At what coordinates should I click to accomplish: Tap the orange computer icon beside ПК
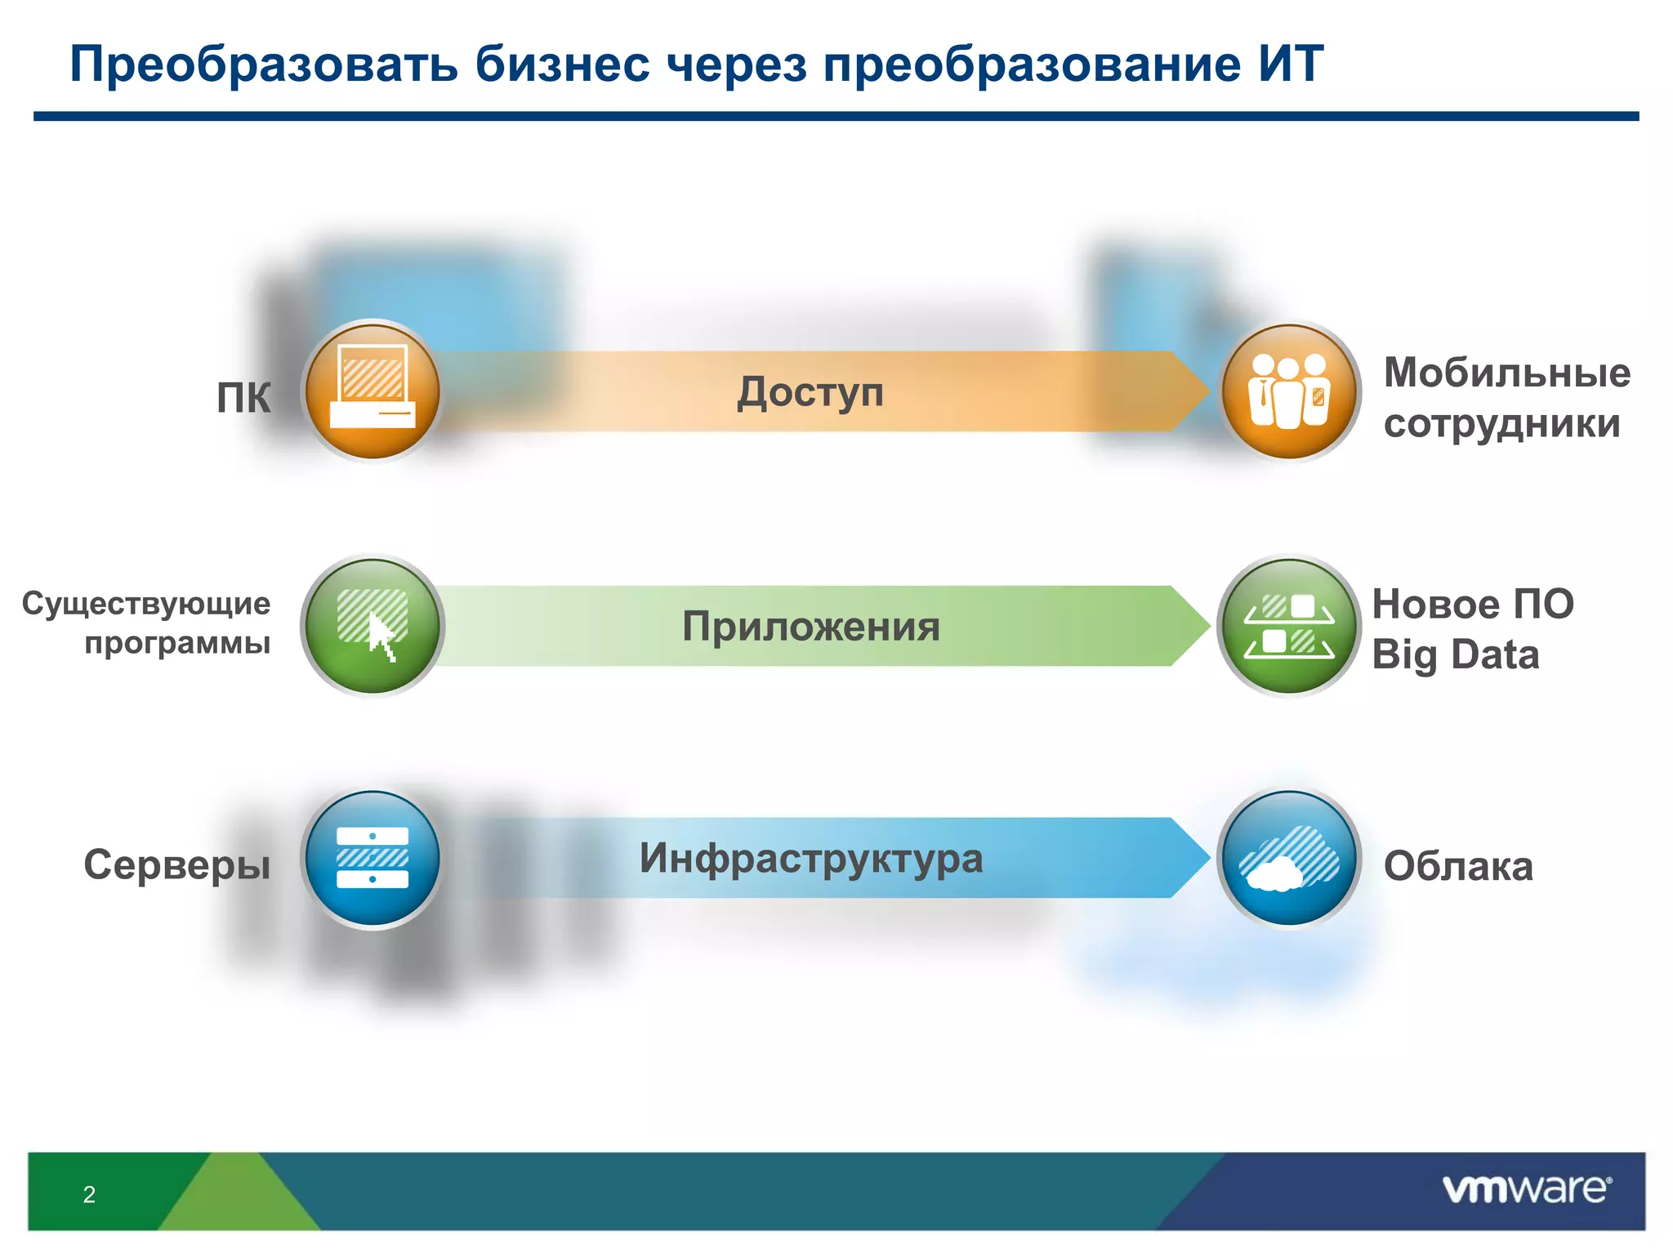[373, 391]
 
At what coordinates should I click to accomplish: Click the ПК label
[243, 398]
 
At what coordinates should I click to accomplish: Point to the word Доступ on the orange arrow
[810, 392]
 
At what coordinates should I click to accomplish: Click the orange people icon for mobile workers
[1289, 391]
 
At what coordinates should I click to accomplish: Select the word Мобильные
[1506, 373]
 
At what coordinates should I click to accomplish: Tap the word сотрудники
[1501, 423]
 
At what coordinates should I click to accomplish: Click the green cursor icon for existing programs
[373, 626]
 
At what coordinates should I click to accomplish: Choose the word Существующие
[146, 604]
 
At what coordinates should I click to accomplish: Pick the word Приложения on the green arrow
[811, 627]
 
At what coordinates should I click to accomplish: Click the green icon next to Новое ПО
[1289, 626]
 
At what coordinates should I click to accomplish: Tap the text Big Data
[1455, 655]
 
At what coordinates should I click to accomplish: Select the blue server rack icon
[373, 858]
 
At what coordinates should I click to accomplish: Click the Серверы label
[176, 864]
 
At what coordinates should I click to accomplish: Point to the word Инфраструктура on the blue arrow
[811, 859]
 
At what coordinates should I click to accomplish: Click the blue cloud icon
[1289, 858]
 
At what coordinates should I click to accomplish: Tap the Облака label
[1458, 866]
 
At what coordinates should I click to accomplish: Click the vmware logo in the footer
[1527, 1189]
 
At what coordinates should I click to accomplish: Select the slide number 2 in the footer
[89, 1195]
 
